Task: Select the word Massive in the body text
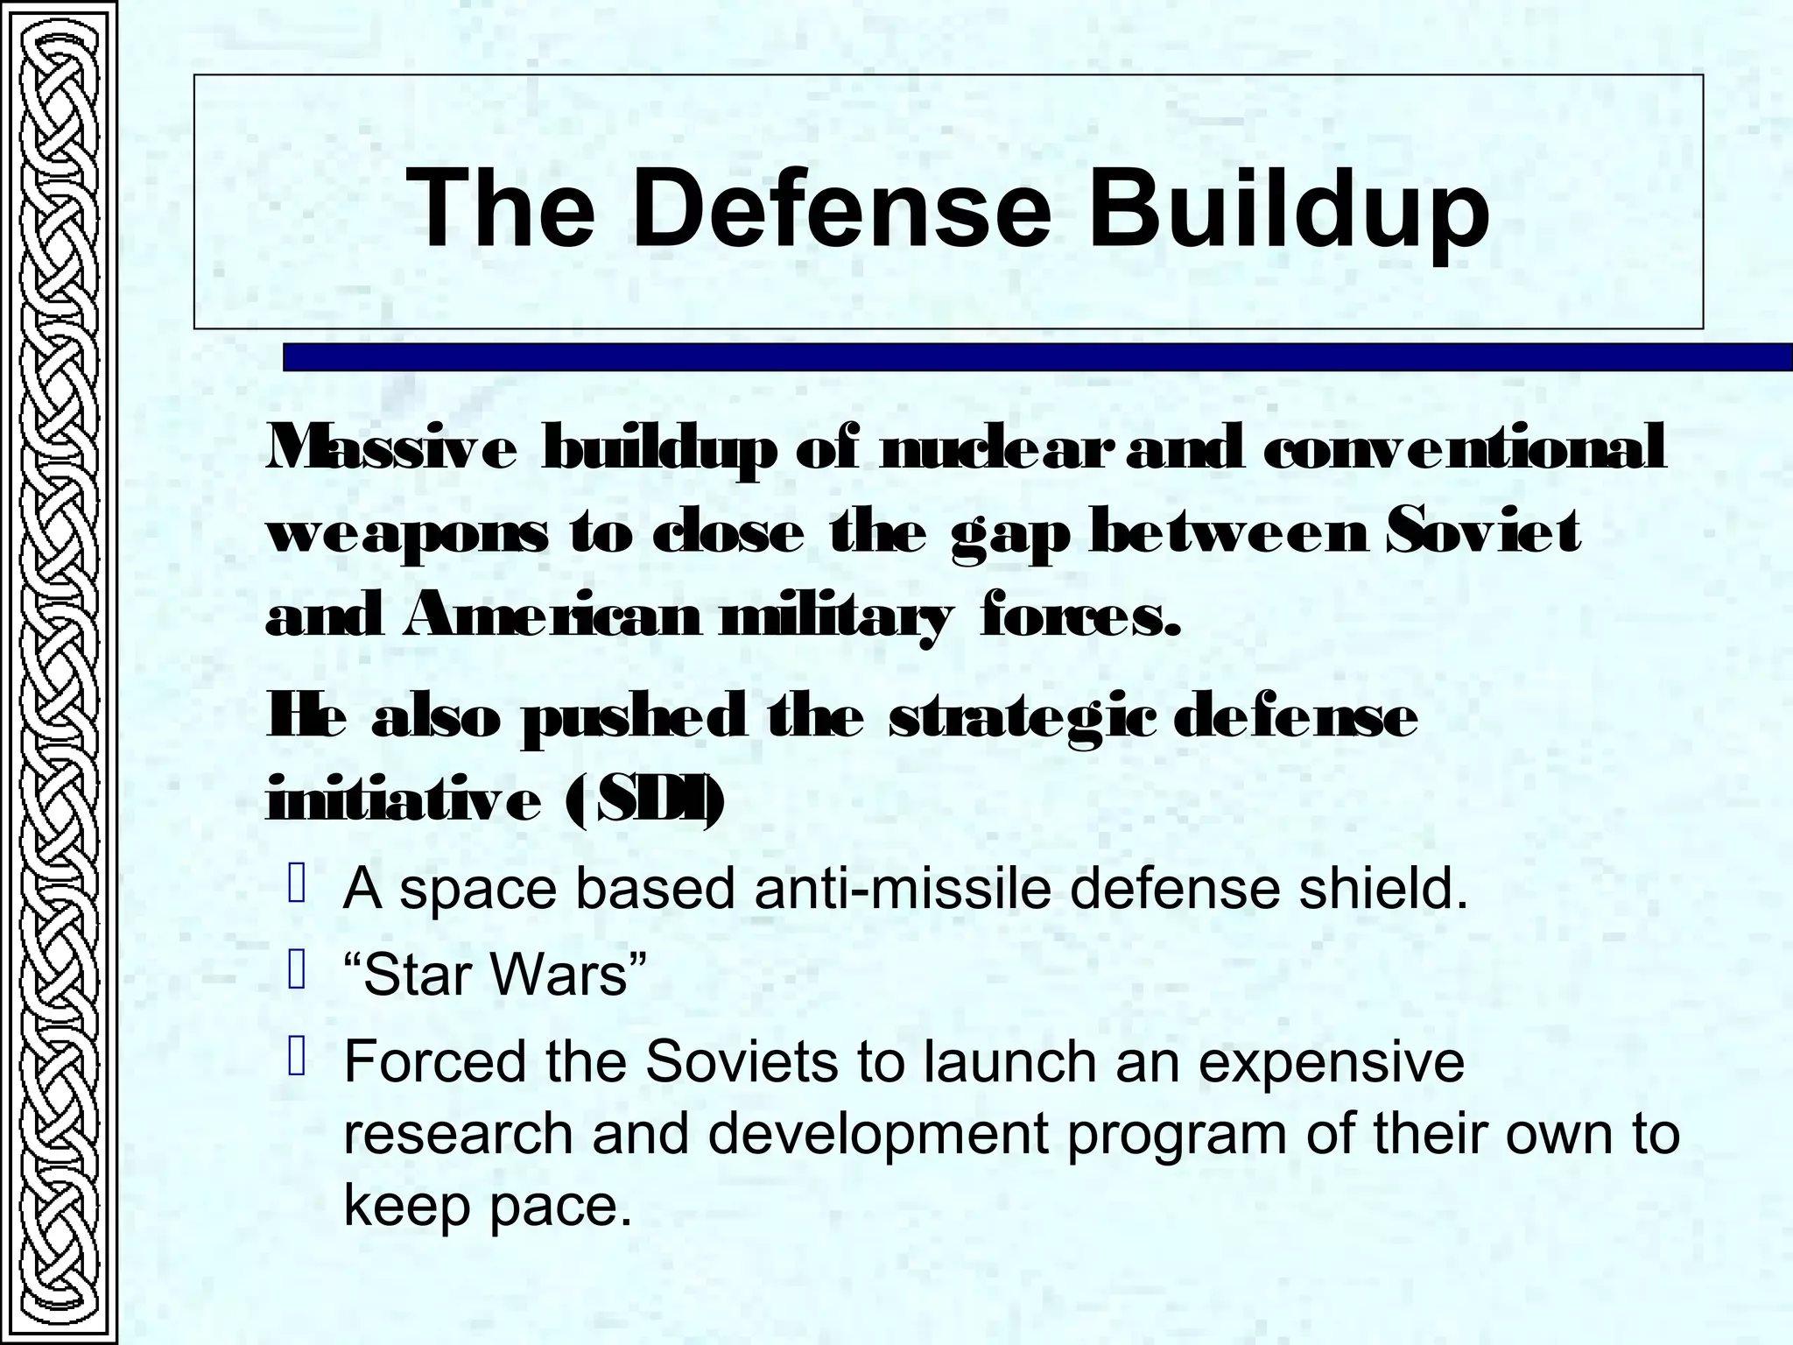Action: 391,448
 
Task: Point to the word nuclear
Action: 996,448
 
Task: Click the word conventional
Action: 1465,448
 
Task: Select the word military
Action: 833,618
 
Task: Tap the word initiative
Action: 404,800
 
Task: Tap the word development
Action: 877,1135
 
